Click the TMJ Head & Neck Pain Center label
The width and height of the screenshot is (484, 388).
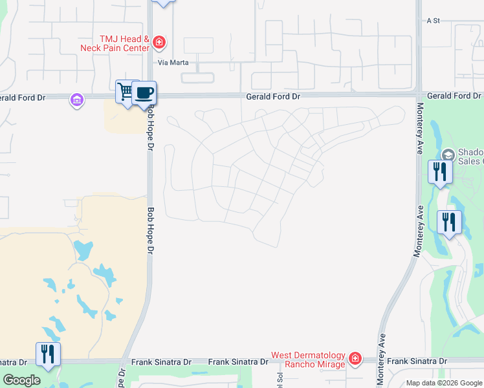tap(115, 43)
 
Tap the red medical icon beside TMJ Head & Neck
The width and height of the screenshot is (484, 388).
tap(160, 43)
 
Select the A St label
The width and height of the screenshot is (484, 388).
tap(433, 21)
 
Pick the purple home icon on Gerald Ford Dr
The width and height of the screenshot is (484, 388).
tap(77, 100)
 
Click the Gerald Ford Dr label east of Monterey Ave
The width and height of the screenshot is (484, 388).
tap(454, 96)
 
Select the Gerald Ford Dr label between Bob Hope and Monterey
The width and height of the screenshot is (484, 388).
tap(273, 96)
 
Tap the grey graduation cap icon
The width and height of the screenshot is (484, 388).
tap(448, 155)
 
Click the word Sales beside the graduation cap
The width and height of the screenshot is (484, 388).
tap(470, 162)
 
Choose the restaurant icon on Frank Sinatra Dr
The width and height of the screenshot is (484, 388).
tap(48, 354)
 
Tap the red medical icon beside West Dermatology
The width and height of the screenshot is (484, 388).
tap(354, 358)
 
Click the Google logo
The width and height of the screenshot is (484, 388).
tap(22, 381)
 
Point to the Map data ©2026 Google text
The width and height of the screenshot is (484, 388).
tap(443, 383)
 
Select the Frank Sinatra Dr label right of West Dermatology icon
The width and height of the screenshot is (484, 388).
tap(417, 361)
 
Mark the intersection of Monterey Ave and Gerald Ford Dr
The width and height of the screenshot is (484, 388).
tap(419, 96)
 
